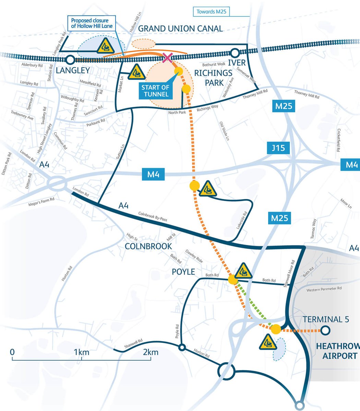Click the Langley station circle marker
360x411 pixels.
pyautogui.click(x=70, y=60)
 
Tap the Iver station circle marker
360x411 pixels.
pyautogui.click(x=235, y=53)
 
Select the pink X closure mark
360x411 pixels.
pyautogui.click(x=167, y=58)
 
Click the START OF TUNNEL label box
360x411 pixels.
pyautogui.click(x=156, y=90)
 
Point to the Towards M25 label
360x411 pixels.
pyautogui.click(x=211, y=12)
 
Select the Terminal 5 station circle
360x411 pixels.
pyautogui.click(x=325, y=331)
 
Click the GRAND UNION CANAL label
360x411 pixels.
pyautogui.click(x=180, y=28)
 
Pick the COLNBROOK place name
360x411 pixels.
pyautogui.click(x=148, y=246)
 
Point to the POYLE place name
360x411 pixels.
pyautogui.click(x=183, y=272)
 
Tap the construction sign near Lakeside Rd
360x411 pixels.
pyautogui.click(x=208, y=189)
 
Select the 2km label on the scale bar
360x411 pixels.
pyautogui.click(x=151, y=352)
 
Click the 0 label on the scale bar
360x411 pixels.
pyautogui.click(x=12, y=352)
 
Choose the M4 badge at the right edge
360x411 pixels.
pyautogui.click(x=350, y=165)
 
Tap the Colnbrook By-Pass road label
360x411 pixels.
pyautogui.click(x=153, y=216)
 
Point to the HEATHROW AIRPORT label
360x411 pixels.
pyautogui.click(x=337, y=351)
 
